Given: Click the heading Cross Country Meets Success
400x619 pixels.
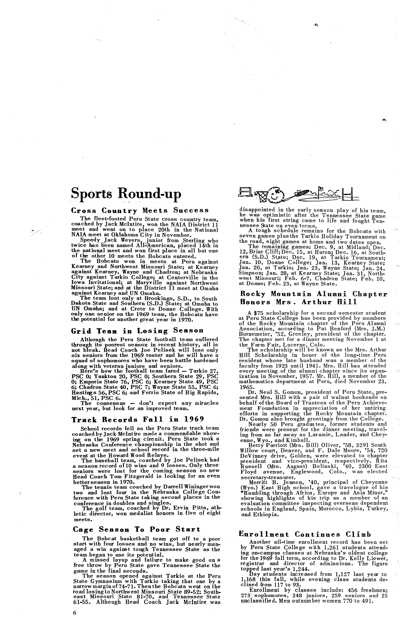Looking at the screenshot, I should pos(140,210).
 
